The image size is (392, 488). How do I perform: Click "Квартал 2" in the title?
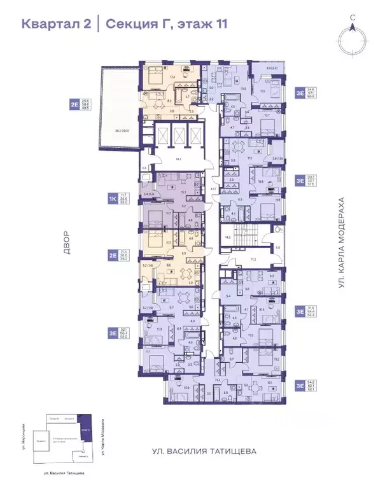coord(56,24)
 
